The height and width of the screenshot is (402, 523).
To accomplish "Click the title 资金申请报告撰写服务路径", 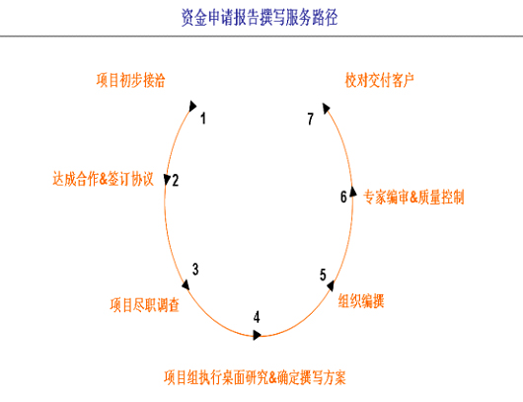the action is [260, 18].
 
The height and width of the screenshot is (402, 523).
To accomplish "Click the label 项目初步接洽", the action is [130, 80].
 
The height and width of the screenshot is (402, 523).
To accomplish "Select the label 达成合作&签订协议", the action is [103, 179].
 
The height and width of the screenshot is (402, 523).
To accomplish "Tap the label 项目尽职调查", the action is [144, 305].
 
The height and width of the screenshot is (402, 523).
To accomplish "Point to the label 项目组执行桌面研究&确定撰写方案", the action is [255, 377].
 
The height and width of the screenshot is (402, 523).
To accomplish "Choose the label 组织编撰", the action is [361, 300].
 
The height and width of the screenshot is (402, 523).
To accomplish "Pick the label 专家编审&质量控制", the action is [413, 197].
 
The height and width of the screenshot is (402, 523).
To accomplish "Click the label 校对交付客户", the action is [380, 80].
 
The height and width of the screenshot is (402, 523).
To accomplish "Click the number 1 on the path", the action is [203, 119].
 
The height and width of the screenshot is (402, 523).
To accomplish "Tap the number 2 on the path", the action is [176, 181].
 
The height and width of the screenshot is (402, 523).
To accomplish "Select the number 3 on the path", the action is [195, 270].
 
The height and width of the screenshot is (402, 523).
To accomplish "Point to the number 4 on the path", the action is [257, 317].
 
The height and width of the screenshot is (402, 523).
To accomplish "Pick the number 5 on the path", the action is [323, 275].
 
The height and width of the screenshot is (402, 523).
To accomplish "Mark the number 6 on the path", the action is [343, 197].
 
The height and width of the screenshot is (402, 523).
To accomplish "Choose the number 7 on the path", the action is [311, 119].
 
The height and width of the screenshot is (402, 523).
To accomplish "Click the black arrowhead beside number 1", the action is [192, 106].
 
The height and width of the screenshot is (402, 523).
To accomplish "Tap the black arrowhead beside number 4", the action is [257, 335].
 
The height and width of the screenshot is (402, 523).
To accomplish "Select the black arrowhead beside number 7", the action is [326, 108].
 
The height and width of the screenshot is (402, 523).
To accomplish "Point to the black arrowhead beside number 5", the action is [331, 285].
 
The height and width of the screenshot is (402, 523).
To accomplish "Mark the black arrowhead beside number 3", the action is [186, 284].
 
